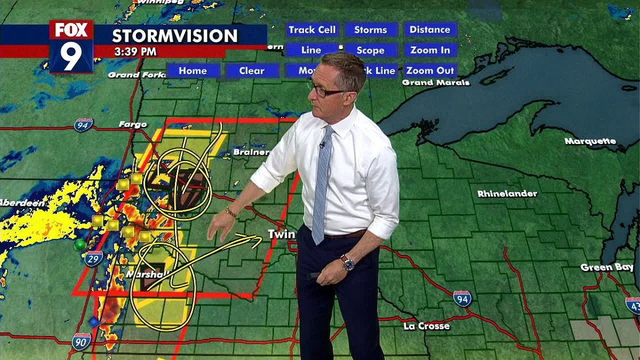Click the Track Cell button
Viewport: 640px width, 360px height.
pos(312,30)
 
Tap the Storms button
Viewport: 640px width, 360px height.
pos(371,30)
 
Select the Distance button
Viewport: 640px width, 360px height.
pos(430,30)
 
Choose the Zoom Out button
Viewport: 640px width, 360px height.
pos(430,70)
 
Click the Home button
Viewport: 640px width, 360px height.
pos(193,70)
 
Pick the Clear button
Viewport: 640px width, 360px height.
pos(252,70)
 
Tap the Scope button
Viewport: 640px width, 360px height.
pos(371,50)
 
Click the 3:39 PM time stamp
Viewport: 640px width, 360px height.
pos(135,52)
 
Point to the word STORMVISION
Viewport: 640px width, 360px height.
pos(175,36)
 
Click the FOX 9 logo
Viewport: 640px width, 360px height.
pos(71,46)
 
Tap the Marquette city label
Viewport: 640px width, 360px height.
pos(590,141)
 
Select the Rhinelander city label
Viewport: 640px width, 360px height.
pos(507,194)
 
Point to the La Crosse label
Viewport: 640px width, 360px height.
pos(427,326)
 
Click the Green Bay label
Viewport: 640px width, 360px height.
pos(604,267)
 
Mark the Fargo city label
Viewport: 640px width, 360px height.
pos(133,125)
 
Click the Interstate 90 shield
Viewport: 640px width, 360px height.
pos(81,342)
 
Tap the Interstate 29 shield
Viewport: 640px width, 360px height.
pos(93,259)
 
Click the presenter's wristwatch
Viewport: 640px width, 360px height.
pos(348,262)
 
